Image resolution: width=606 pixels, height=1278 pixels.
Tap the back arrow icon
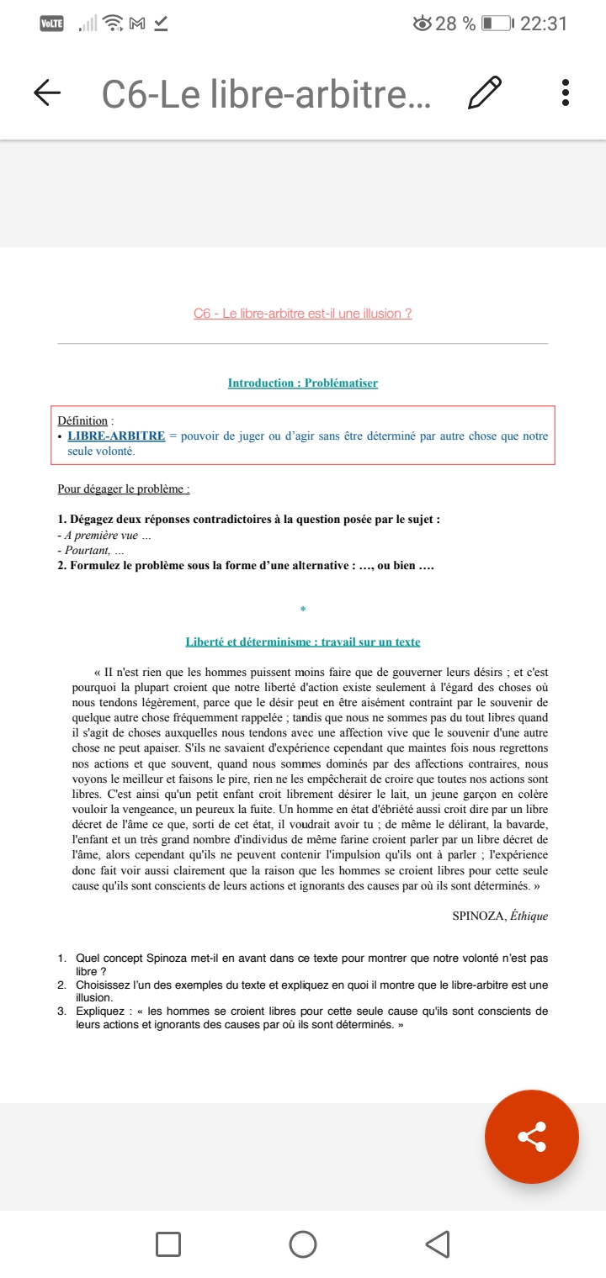tap(47, 92)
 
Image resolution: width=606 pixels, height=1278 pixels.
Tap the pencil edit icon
tap(485, 92)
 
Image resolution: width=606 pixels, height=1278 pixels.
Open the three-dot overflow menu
tap(566, 92)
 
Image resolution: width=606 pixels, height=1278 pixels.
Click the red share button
tap(532, 1138)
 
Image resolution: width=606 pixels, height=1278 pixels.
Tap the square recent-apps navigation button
tap(168, 1244)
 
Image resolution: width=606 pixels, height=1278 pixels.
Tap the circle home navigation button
tap(303, 1244)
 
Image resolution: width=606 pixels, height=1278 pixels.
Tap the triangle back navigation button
tap(438, 1244)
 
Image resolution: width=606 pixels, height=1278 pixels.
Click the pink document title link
tap(303, 314)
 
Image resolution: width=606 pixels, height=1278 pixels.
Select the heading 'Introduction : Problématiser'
tap(303, 383)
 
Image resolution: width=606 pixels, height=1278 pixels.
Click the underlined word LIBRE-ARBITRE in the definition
tap(116, 436)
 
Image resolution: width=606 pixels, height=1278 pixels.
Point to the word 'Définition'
tap(82, 420)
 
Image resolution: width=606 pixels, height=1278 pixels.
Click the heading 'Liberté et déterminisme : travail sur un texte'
tap(303, 642)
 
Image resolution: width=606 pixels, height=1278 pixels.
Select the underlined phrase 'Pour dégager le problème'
tap(123, 488)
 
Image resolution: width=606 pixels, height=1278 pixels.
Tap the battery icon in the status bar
tap(497, 24)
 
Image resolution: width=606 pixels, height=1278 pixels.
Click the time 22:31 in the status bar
tap(544, 24)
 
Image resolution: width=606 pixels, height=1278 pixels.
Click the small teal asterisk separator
tap(303, 609)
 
